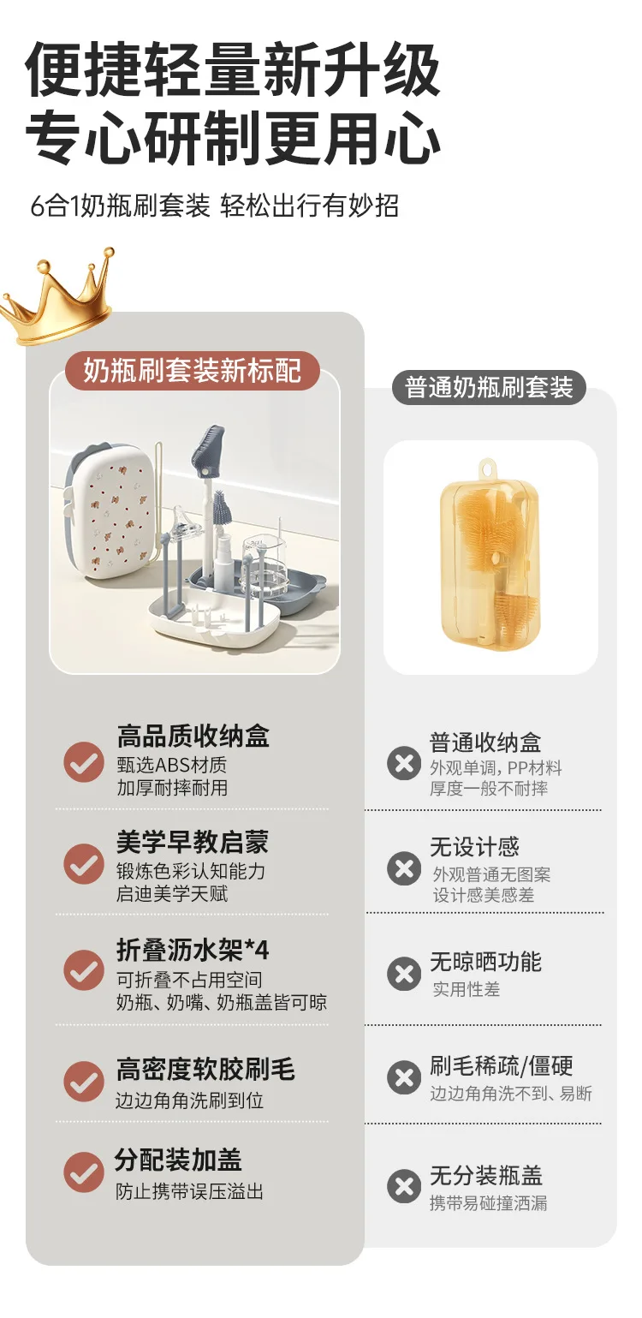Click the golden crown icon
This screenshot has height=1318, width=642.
pyautogui.click(x=59, y=297)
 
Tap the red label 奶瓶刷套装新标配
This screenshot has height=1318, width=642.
pyautogui.click(x=193, y=370)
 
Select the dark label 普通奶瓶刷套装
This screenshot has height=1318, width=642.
pyautogui.click(x=489, y=387)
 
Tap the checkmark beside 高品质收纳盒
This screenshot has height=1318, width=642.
pyautogui.click(x=84, y=761)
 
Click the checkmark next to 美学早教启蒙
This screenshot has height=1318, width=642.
pyautogui.click(x=84, y=864)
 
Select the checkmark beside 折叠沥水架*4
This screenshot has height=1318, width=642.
pyautogui.click(x=84, y=969)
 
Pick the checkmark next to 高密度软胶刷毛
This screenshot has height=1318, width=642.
pyautogui.click(x=84, y=1082)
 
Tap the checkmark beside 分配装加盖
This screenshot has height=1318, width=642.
pyautogui.click(x=84, y=1172)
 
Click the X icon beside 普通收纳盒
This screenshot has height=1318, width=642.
pyautogui.click(x=404, y=764)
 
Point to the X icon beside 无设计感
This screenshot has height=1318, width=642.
pyautogui.click(x=404, y=868)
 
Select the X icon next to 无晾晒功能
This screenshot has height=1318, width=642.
pyautogui.click(x=404, y=974)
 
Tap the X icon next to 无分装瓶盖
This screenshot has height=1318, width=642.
pyautogui.click(x=404, y=1185)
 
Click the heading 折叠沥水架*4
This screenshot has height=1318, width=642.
pyautogui.click(x=193, y=949)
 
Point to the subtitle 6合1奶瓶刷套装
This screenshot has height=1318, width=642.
pyautogui.click(x=120, y=206)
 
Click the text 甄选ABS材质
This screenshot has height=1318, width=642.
pyautogui.click(x=172, y=765)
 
